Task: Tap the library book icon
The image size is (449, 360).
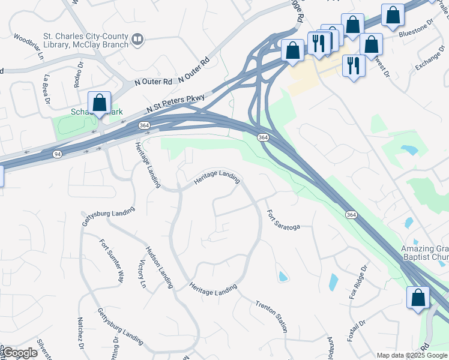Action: [138, 40]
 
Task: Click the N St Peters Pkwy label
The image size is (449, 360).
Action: [176, 104]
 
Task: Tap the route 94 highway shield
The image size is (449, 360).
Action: [56, 154]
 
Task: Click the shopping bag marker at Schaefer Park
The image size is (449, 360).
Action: [99, 104]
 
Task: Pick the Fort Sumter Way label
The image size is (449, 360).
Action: [112, 261]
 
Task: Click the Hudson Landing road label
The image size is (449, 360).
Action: [159, 266]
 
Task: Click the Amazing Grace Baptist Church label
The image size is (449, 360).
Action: [424, 253]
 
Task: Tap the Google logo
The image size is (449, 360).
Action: [19, 353]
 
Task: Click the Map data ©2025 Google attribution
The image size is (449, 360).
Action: [412, 355]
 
